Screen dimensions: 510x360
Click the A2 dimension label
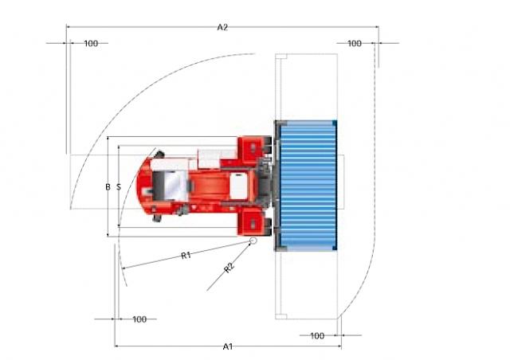point(222,27)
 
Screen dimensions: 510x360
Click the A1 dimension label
point(228,346)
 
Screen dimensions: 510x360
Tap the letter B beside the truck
point(108,187)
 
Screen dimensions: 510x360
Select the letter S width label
point(119,187)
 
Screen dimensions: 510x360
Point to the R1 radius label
point(186,256)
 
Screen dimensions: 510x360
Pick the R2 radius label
point(229,268)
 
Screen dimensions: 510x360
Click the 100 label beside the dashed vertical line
point(354,43)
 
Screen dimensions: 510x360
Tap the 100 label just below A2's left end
point(91,43)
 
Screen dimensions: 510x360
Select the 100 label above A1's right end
point(317,335)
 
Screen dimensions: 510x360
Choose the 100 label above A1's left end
point(139,319)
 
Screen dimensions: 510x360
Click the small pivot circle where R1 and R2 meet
point(253,241)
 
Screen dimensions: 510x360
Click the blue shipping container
point(308,186)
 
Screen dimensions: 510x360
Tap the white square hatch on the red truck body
point(239,186)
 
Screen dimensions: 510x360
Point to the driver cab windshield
point(175,185)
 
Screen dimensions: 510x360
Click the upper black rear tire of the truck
point(159,154)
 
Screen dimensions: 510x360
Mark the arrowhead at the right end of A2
point(377,27)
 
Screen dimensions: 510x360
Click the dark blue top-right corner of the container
point(335,123)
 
